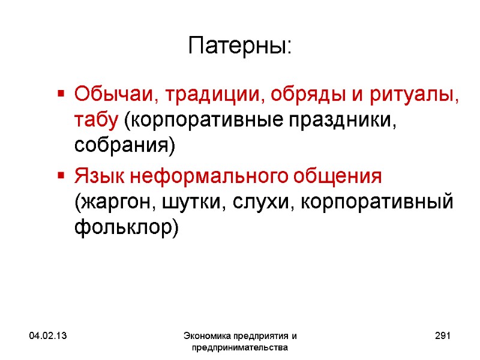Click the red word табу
pyautogui.click(x=96, y=119)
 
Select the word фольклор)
pyautogui.click(x=126, y=228)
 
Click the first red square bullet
pyautogui.click(x=61, y=94)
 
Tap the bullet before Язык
pyautogui.click(x=61, y=177)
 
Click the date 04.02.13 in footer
pyautogui.click(x=41, y=337)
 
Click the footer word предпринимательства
pyautogui.click(x=239, y=347)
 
